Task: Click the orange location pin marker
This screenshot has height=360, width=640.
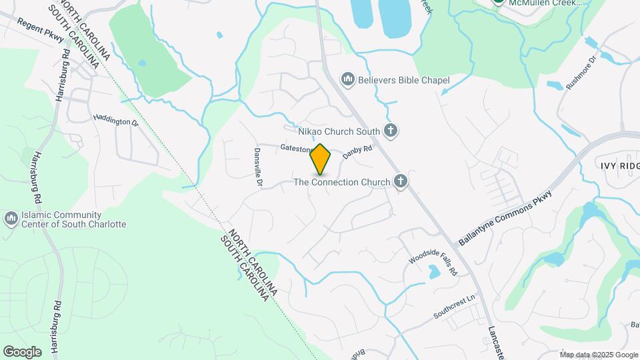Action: point(321,159)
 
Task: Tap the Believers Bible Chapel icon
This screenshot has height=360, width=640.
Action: point(347,80)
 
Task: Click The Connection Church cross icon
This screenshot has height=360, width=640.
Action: point(400,181)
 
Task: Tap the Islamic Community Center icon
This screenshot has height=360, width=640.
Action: point(11,219)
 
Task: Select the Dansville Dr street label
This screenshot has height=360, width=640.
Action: point(258,167)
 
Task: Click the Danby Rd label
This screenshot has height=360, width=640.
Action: point(357,153)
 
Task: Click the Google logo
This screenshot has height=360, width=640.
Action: point(22,352)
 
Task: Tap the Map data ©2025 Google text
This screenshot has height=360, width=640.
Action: point(599,355)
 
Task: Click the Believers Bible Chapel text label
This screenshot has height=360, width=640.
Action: point(403,80)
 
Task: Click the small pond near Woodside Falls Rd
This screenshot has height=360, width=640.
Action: point(434,271)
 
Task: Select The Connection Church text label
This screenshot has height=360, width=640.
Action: point(342,182)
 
